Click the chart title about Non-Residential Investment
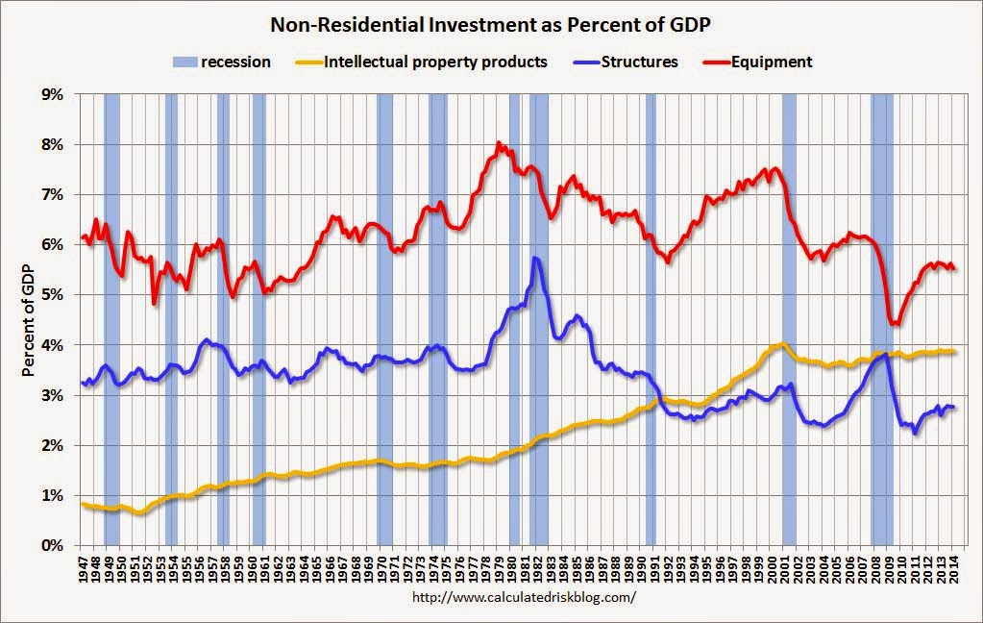(x=490, y=24)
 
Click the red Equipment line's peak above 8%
(x=499, y=144)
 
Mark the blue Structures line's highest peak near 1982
(x=534, y=258)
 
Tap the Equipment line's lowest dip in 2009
(x=895, y=324)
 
